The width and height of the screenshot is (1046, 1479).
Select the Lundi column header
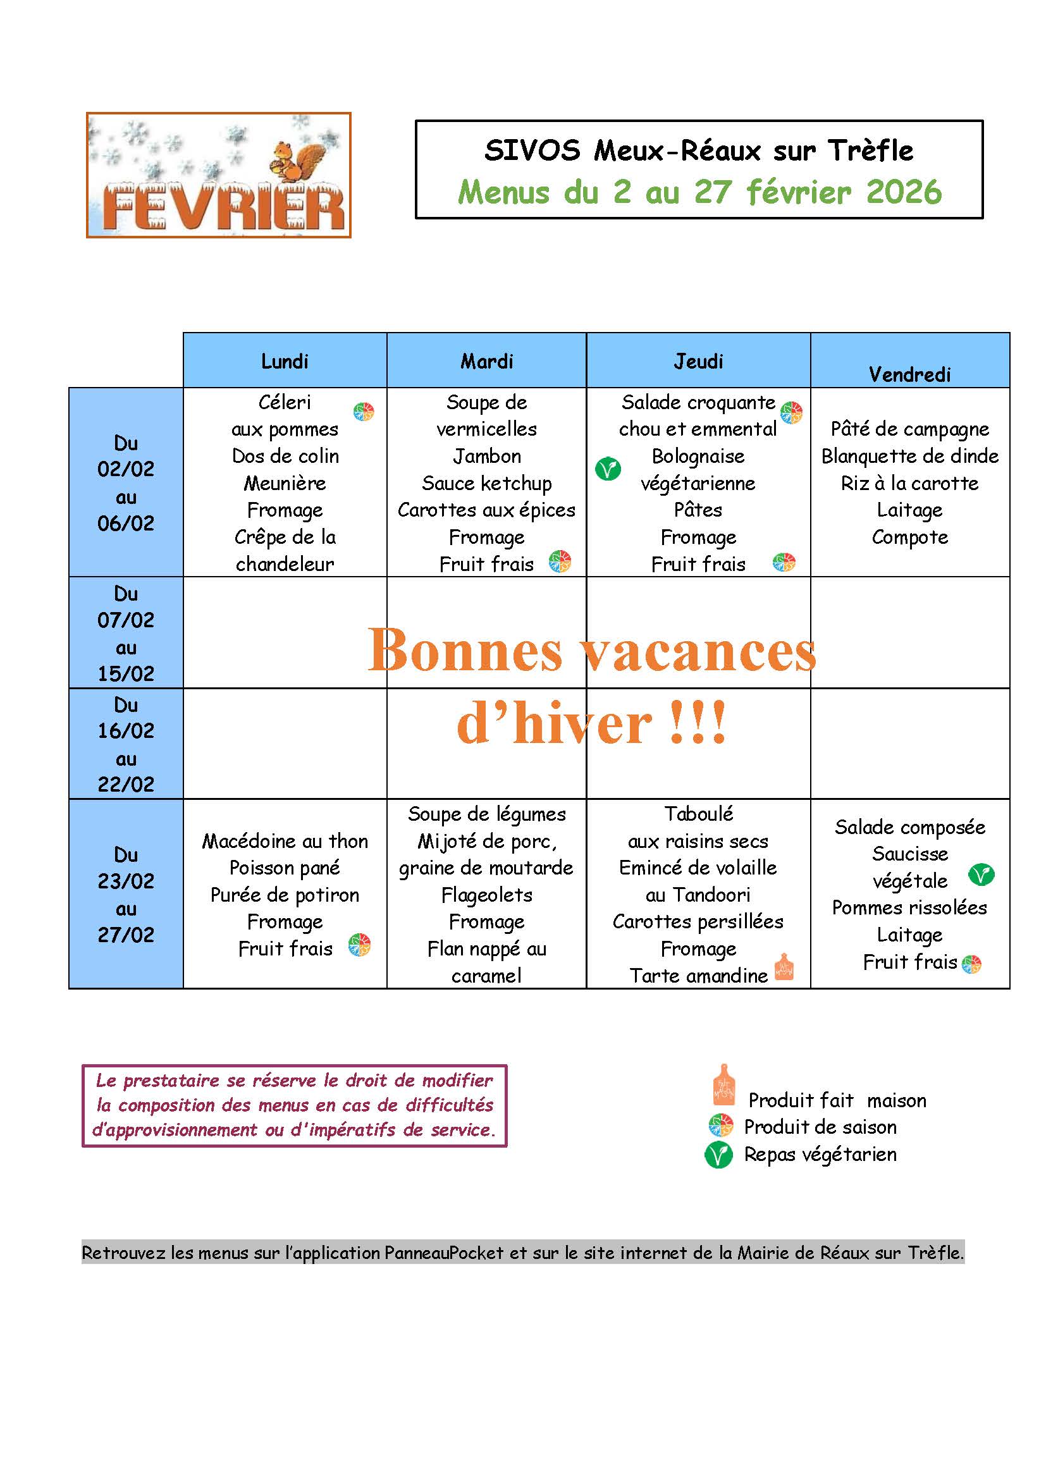pyautogui.click(x=285, y=362)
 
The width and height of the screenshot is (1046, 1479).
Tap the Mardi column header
pyautogui.click(x=486, y=362)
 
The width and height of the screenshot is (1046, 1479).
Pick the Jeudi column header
pyautogui.click(x=698, y=362)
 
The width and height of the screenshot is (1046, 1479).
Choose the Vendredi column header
pyautogui.click(x=909, y=374)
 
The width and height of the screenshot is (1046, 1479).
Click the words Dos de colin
pyautogui.click(x=285, y=456)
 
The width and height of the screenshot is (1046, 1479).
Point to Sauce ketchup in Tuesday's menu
pyautogui.click(x=486, y=483)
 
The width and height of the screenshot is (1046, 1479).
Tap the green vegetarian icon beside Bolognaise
pyautogui.click(x=607, y=469)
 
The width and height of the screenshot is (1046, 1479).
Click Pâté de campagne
pyautogui.click(x=909, y=429)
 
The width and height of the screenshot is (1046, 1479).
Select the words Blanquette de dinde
pyautogui.click(x=909, y=456)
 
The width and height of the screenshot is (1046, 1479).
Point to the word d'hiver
pyautogui.click(x=554, y=724)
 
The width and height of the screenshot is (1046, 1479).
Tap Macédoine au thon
pyautogui.click(x=285, y=841)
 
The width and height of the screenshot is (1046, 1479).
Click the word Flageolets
pyautogui.click(x=486, y=895)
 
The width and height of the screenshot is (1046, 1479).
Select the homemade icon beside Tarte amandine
pyautogui.click(x=783, y=967)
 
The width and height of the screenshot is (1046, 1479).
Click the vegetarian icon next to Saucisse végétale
pyautogui.click(x=981, y=875)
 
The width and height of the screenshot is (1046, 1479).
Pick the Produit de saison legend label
pyautogui.click(x=820, y=1127)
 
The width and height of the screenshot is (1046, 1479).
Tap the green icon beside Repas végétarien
pyautogui.click(x=719, y=1155)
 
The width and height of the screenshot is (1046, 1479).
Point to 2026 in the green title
pyautogui.click(x=904, y=192)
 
